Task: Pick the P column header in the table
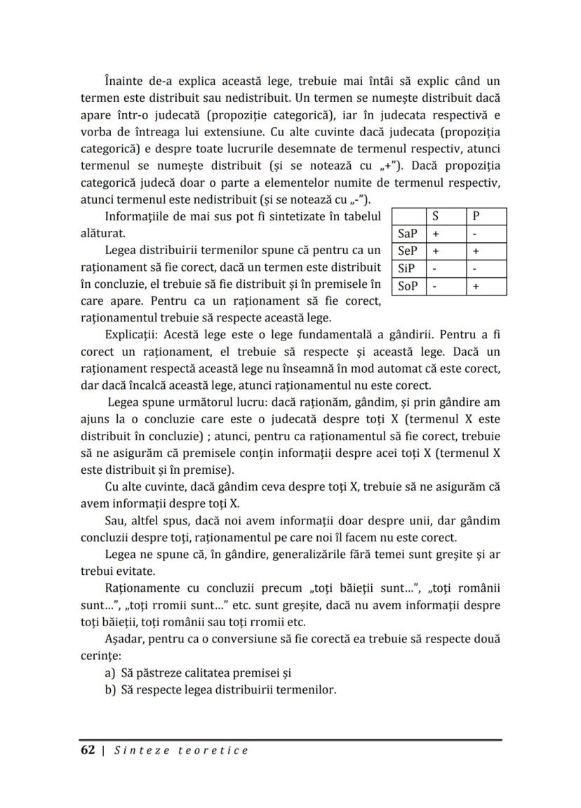[476, 216]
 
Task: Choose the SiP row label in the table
[406, 268]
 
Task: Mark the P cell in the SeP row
[476, 251]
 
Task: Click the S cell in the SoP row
[435, 286]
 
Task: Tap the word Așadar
[124, 639]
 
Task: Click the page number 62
[88, 750]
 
